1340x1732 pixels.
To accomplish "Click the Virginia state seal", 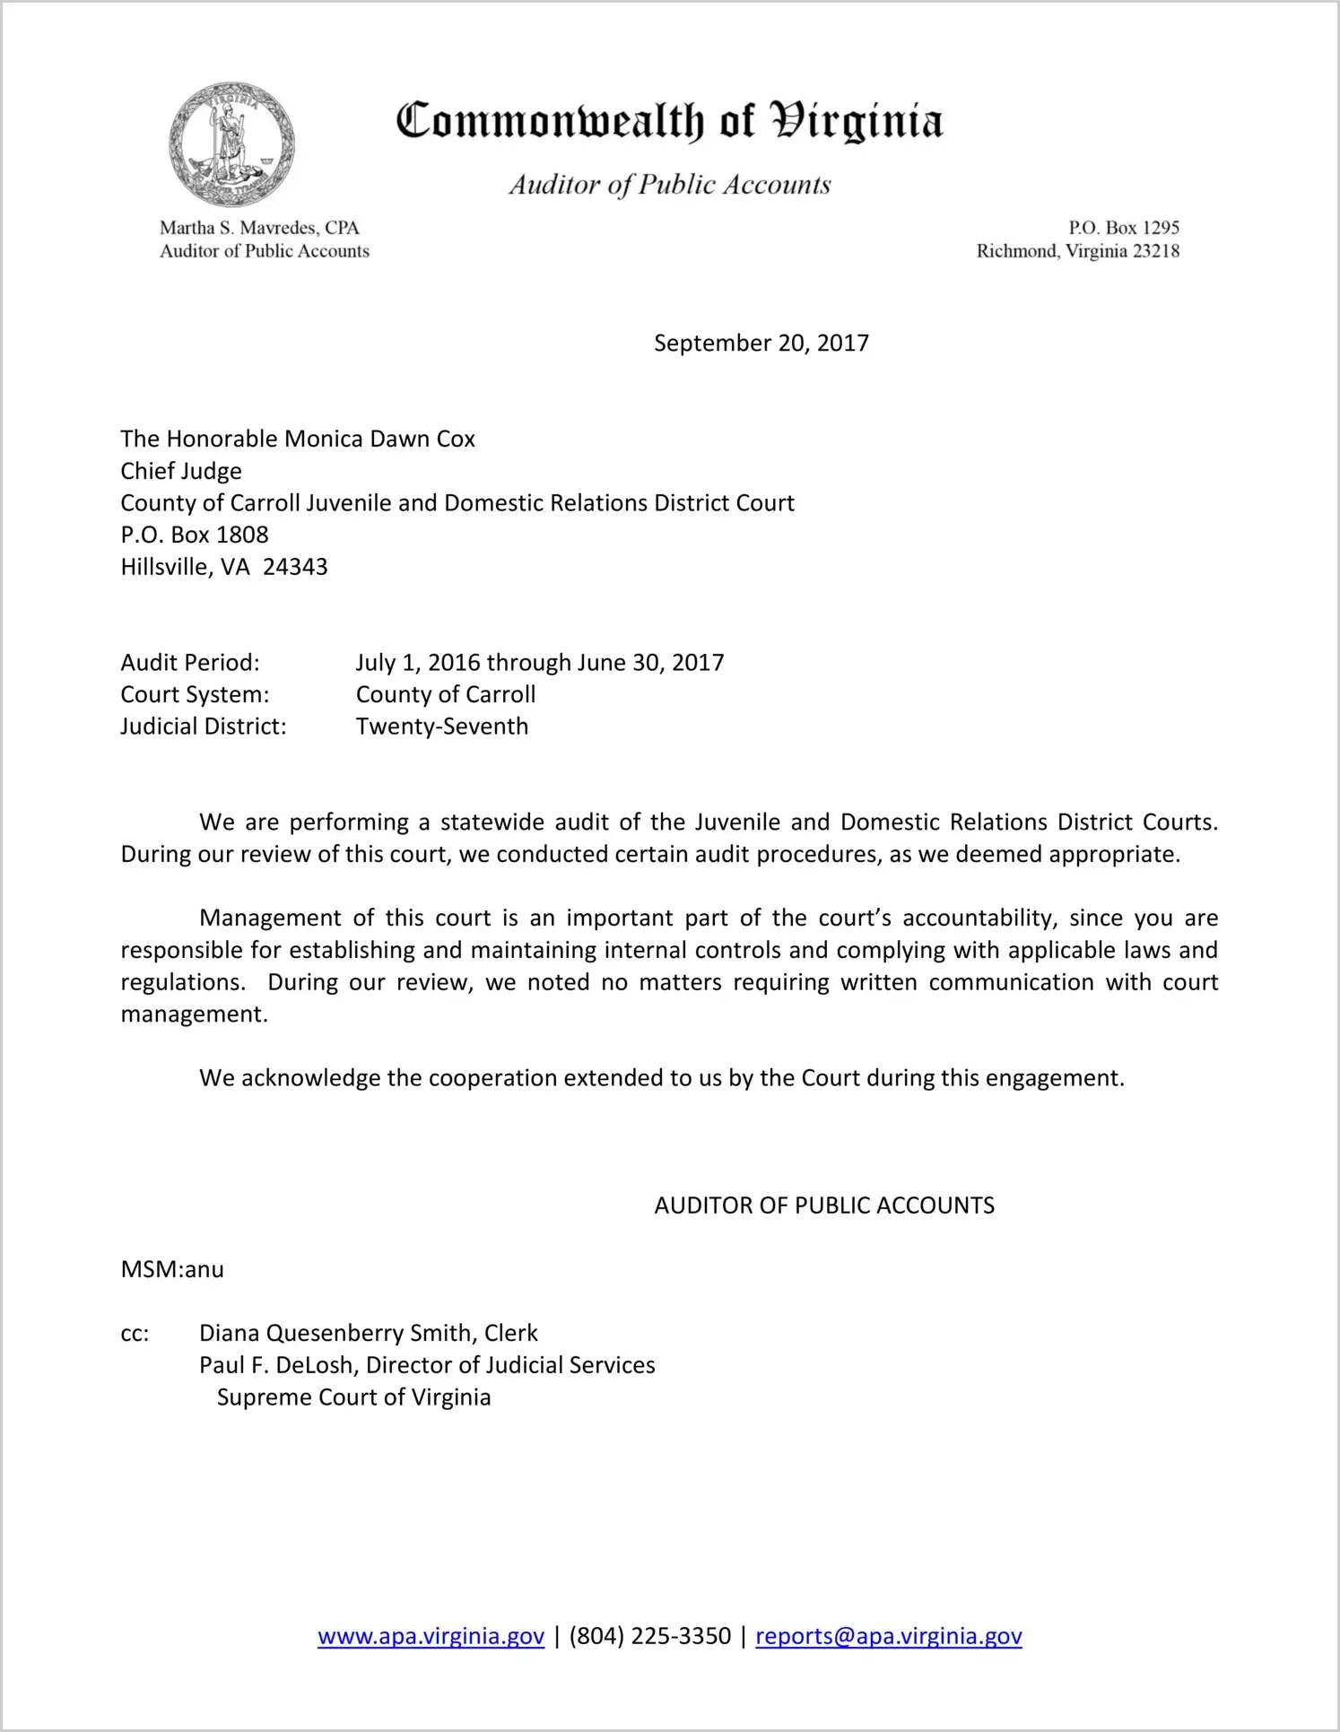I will tap(231, 144).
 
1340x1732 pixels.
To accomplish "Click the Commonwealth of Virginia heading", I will tap(669, 121).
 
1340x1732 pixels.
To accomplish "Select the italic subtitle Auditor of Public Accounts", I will tap(669, 185).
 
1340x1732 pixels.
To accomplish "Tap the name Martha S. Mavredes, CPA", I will tap(259, 228).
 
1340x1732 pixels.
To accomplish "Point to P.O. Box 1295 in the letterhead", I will tap(1123, 228).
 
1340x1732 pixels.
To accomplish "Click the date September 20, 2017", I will tap(761, 344).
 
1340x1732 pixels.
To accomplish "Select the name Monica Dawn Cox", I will tap(379, 439).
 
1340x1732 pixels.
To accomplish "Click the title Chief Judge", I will tap(181, 471).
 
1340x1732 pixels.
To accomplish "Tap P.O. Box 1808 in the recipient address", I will tap(195, 535).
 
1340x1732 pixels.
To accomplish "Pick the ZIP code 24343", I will tap(295, 567).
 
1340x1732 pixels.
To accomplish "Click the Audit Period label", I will tap(190, 663).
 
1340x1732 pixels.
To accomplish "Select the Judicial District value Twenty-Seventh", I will tap(442, 727).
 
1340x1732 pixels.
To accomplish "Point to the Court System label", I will tap(195, 695).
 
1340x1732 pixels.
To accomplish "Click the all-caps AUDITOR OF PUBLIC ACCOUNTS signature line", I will tap(824, 1205).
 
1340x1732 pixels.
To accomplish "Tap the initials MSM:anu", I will tap(172, 1269).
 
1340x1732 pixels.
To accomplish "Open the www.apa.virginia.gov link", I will tap(431, 1636).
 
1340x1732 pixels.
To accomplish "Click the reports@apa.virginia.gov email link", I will tap(888, 1636).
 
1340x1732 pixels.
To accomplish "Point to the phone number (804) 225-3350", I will tap(649, 1636).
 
